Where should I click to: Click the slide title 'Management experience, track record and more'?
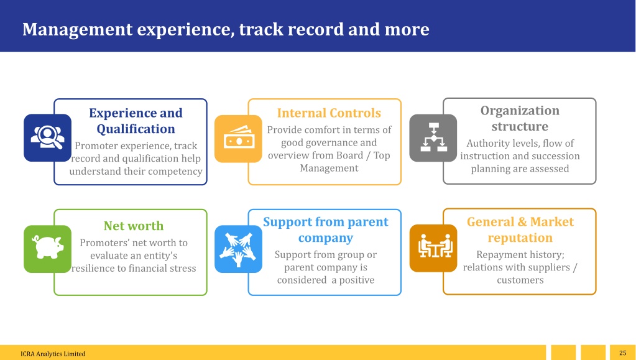coord(226,29)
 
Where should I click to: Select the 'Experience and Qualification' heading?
coord(136,121)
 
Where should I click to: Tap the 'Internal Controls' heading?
coord(329,113)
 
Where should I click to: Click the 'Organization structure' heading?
coord(520,118)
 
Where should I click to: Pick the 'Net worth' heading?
coord(134,226)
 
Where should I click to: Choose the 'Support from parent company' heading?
coord(326,229)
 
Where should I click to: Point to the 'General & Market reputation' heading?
coord(520,229)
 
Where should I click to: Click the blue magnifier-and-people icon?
coord(47,137)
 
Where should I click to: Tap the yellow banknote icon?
coord(238,139)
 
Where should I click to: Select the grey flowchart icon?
coord(433,138)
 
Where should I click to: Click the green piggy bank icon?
coord(47,249)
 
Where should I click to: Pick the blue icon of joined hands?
coord(238,249)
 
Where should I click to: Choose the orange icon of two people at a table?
coord(433,248)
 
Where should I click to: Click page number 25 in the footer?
coord(622,353)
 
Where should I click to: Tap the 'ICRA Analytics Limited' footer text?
coord(53,354)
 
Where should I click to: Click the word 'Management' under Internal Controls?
coord(329,168)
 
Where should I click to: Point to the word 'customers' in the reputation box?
coord(520,280)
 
